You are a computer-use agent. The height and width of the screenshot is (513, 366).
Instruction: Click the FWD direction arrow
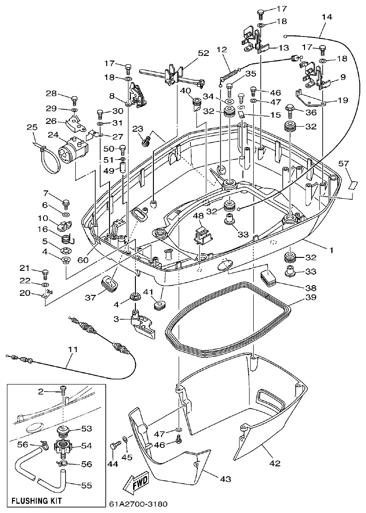(135, 485)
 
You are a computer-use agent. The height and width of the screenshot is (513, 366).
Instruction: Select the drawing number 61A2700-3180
(138, 504)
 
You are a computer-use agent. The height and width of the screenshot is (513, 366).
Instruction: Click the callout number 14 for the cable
(326, 17)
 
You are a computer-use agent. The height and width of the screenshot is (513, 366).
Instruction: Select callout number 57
(343, 163)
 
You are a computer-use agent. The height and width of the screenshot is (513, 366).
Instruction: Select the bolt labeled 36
(290, 110)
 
